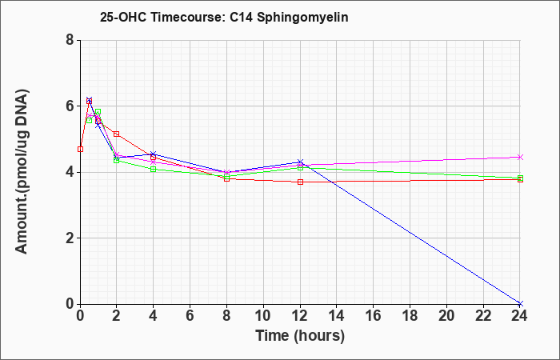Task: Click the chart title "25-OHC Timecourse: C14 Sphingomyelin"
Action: point(224,17)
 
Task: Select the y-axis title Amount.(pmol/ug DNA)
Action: point(22,172)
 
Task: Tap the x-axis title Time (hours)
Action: point(300,336)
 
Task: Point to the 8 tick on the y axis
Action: point(70,40)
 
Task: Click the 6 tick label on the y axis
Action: point(70,106)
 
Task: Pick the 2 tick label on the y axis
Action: point(70,238)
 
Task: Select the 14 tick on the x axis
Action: point(337,316)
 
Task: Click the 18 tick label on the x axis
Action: point(410,316)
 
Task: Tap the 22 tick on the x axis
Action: point(483,316)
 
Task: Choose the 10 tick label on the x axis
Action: point(263,316)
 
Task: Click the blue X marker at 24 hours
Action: point(520,303)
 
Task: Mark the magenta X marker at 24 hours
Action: point(520,157)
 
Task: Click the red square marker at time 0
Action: point(80,149)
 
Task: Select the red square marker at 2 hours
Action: point(117,134)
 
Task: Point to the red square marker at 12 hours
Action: point(300,182)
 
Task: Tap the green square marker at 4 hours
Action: point(154,170)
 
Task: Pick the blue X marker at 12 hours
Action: point(300,162)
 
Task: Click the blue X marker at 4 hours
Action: point(154,154)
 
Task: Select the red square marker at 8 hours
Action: point(226,178)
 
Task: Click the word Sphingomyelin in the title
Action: point(302,17)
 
